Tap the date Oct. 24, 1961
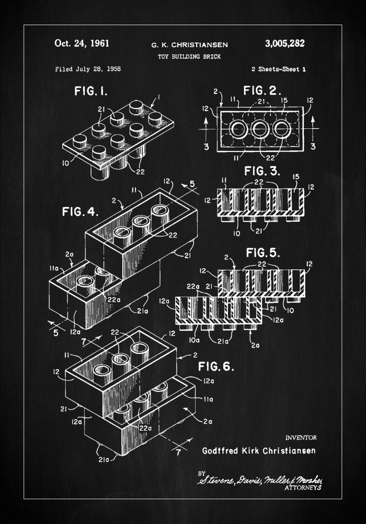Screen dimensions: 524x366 point(82,43)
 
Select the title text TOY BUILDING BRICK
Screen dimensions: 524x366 point(182,56)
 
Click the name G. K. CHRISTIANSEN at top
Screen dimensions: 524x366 point(182,45)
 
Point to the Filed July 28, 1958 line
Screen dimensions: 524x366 point(84,69)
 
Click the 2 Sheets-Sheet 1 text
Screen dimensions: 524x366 point(278,69)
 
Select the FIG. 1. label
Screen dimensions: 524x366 point(90,92)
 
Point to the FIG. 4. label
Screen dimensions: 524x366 point(79,212)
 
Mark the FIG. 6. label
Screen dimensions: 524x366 point(215,366)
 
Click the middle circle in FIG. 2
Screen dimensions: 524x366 point(260,129)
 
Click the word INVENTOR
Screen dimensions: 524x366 point(301,437)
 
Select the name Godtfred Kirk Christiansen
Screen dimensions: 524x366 point(259,451)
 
